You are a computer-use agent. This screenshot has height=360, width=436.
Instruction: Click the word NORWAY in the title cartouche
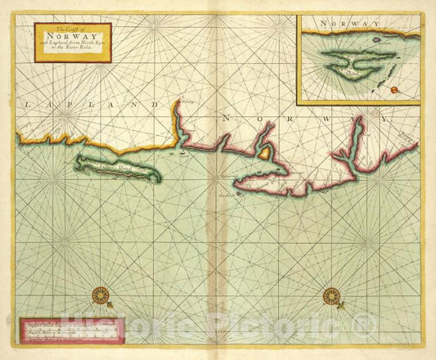72,38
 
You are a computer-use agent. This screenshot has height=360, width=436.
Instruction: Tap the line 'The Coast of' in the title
72,29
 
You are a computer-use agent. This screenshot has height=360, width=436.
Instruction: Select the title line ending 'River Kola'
72,53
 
